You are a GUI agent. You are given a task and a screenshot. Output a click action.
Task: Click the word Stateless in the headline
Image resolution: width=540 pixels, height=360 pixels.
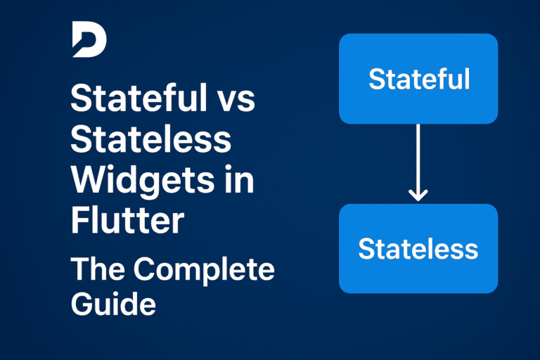(150, 141)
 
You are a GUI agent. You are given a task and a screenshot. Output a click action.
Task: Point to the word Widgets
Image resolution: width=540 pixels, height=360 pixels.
(141, 181)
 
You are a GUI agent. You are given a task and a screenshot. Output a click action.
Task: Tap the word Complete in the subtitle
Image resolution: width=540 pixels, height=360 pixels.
(204, 269)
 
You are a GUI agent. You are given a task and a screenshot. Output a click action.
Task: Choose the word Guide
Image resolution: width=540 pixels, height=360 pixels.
(112, 304)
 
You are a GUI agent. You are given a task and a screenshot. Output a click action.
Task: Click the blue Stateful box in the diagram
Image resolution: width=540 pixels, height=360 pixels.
(418, 78)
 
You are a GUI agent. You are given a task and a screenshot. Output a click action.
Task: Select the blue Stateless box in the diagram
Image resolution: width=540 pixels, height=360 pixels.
(418, 248)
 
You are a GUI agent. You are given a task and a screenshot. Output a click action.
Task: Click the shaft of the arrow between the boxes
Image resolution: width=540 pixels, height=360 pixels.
(418, 158)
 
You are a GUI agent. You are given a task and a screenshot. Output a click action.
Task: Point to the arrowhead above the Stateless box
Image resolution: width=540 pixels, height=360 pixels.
(418, 195)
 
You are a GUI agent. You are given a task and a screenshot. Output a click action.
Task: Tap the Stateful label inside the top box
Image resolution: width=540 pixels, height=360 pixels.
(418, 79)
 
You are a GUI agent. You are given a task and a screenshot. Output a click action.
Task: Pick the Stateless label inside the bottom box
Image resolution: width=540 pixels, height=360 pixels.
(418, 248)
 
